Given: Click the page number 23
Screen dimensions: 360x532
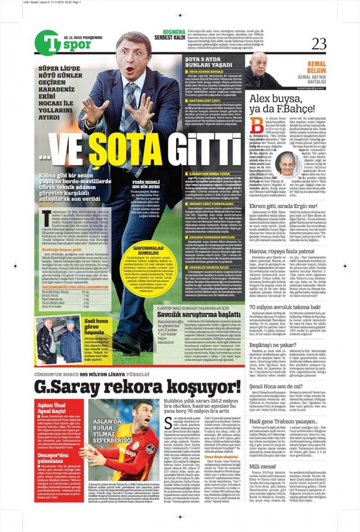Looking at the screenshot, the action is pyautogui.click(x=319, y=43).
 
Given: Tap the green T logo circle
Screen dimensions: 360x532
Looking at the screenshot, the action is pyautogui.click(x=47, y=42).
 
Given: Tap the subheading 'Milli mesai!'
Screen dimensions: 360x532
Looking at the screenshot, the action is pyautogui.click(x=264, y=466).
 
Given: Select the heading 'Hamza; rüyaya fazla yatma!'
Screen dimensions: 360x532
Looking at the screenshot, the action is pyautogui.click(x=290, y=251).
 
